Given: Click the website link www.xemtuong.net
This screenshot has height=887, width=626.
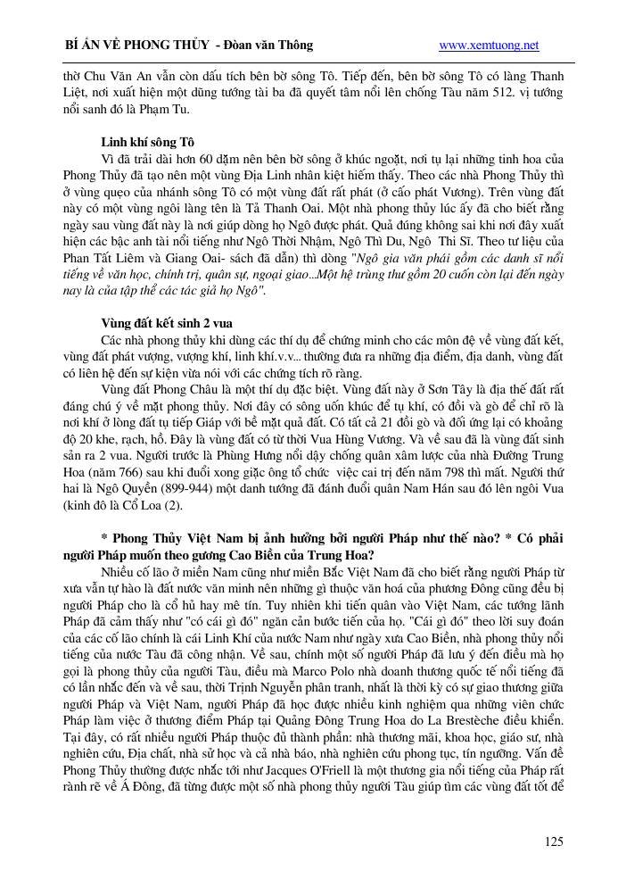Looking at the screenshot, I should [x=490, y=45].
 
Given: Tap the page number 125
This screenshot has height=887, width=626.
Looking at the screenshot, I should [x=553, y=841].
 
